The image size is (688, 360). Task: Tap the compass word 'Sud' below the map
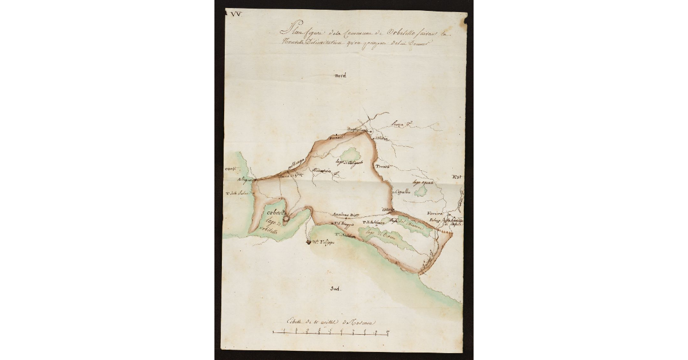(x=335, y=289)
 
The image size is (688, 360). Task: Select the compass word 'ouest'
(x=231, y=169)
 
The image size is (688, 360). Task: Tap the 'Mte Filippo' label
(x=325, y=242)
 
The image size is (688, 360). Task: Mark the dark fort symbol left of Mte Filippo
(x=308, y=242)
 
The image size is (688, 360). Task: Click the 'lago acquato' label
(x=423, y=182)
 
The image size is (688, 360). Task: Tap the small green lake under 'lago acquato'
(x=420, y=191)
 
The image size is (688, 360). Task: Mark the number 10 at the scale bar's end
(x=388, y=332)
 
